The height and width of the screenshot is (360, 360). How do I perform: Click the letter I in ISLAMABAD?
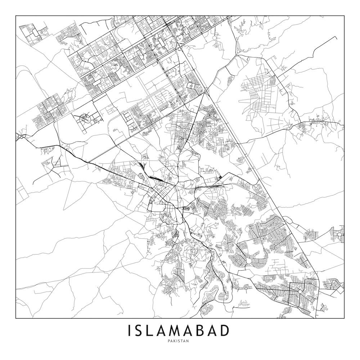[x=129, y=330]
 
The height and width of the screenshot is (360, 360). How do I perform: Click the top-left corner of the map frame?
[x=16, y=16]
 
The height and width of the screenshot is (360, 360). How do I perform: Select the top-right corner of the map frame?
[x=344, y=16]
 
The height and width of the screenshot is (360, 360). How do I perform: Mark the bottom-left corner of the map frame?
[x=16, y=319]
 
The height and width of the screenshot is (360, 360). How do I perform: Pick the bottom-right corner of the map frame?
[x=344, y=319]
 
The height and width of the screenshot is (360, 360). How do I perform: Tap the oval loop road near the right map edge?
[x=340, y=236]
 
